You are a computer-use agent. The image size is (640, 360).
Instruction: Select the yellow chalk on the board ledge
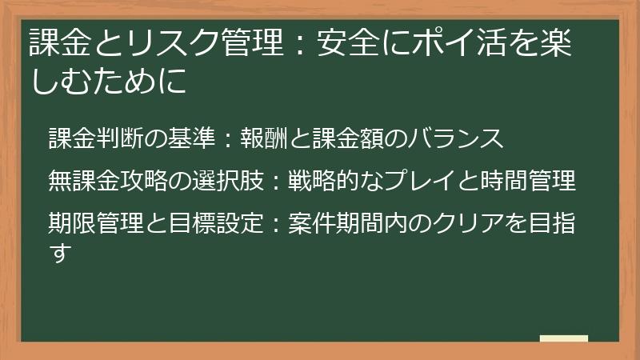click(x=563, y=338)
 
